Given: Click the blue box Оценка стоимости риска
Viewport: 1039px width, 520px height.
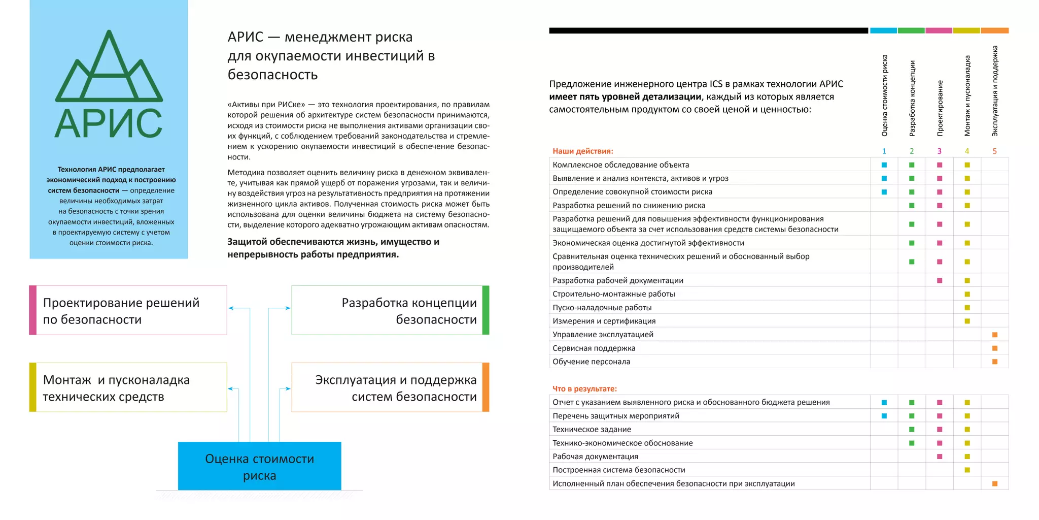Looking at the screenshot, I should (x=259, y=466).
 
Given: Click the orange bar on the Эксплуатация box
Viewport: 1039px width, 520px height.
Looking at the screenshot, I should (x=486, y=387).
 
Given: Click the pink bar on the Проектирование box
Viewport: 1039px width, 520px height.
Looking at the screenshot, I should (x=33, y=310).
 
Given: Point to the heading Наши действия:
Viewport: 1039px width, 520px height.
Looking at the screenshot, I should (x=582, y=151).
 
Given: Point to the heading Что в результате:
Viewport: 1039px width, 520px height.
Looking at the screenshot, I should (x=584, y=388).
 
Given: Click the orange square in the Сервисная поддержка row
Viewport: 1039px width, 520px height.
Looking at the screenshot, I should (x=994, y=348).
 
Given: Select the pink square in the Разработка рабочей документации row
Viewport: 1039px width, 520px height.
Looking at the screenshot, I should (x=939, y=280).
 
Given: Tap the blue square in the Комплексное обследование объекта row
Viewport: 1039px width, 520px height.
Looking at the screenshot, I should (x=884, y=165).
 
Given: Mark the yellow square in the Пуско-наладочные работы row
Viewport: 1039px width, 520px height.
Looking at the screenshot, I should (x=967, y=308).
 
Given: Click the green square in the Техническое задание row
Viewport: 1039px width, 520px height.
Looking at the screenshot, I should (x=912, y=430).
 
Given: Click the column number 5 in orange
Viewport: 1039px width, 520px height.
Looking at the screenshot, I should (x=994, y=151).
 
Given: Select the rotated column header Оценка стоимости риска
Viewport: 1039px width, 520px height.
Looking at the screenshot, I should (x=884, y=95).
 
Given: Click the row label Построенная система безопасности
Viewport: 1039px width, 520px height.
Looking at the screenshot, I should (x=618, y=470).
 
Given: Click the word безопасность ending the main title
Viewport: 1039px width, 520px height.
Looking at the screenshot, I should (x=272, y=75).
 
